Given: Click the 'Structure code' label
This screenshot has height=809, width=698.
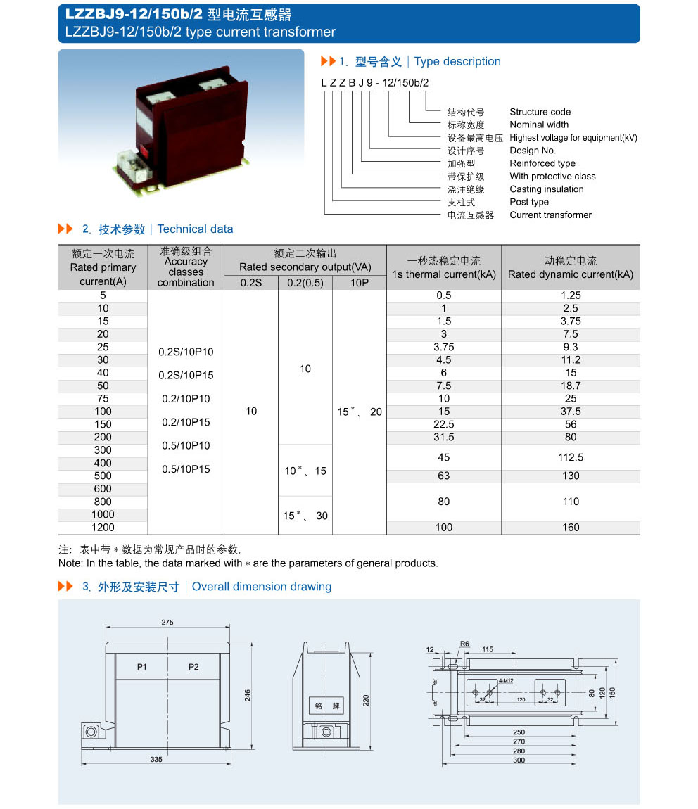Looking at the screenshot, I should [x=540, y=112].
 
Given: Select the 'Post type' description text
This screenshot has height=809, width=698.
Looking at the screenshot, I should [x=528, y=202].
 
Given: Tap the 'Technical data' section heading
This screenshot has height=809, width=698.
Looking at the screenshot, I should [x=195, y=229].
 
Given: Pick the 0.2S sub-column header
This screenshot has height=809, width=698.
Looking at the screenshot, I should [x=251, y=283].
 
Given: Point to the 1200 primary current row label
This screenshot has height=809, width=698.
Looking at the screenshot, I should [x=103, y=528].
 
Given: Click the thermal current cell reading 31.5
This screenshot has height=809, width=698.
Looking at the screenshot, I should [x=444, y=438].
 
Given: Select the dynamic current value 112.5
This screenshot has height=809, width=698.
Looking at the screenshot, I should [x=571, y=457].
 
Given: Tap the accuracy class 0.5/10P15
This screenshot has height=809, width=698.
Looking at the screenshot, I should [x=186, y=469].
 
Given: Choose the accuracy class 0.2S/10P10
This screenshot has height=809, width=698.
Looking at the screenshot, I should [x=186, y=352].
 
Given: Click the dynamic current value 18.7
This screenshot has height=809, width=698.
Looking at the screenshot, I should [x=571, y=386].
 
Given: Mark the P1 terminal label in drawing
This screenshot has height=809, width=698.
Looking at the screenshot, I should [x=141, y=666].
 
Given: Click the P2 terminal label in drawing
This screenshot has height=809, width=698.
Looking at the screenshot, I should [x=193, y=666].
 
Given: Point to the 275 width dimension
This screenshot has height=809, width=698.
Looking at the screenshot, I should [x=167, y=623].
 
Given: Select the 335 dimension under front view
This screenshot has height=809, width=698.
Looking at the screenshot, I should [x=156, y=760].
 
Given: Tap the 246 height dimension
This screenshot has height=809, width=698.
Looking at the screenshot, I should [x=248, y=695].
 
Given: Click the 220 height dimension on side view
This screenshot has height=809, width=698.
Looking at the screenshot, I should [x=367, y=700].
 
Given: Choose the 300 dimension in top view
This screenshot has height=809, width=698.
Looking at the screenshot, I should [x=519, y=760].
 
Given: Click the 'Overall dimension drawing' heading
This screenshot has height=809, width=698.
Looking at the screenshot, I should [x=261, y=587].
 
